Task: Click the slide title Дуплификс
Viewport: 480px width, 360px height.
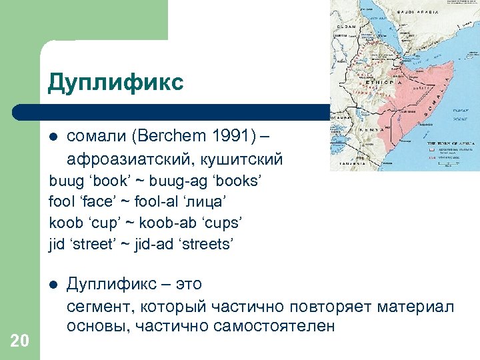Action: pos(115,83)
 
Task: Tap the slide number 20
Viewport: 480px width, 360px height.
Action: pos(20,342)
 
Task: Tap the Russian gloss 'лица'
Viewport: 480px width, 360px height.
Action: pos(201,202)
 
